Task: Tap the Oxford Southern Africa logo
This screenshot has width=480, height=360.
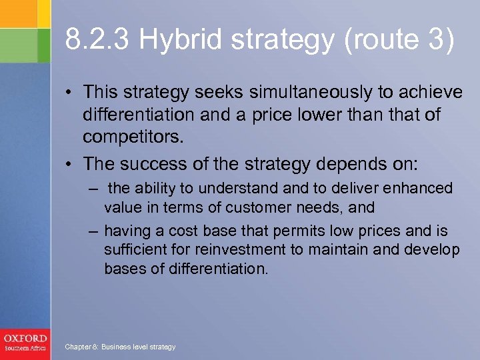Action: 25,342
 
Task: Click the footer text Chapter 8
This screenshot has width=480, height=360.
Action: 80,347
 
